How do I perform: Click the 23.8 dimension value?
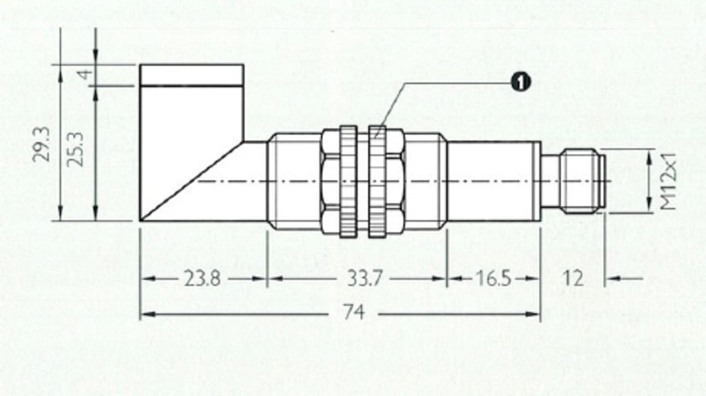[202, 279]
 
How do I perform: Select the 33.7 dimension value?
[364, 279]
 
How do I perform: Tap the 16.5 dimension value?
[493, 279]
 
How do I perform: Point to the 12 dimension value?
[573, 279]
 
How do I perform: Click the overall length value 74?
[354, 312]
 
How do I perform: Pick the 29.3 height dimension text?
[42, 144]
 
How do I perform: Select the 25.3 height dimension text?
[76, 149]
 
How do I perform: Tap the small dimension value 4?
[86, 74]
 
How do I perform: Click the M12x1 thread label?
[668, 181]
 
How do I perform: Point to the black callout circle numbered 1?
[520, 82]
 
